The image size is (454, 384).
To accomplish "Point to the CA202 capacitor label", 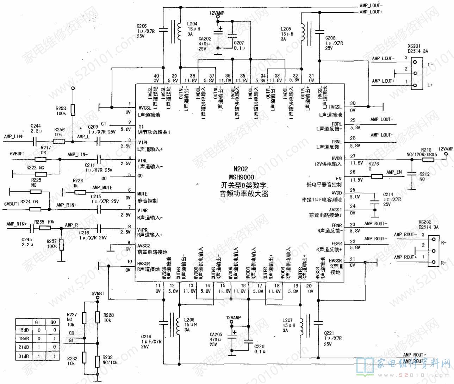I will click(x=205, y=39).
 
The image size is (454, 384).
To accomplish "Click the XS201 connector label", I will click(x=414, y=46).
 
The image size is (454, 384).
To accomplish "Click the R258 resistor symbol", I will click(x=73, y=110).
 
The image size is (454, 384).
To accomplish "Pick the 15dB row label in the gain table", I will click(x=23, y=330).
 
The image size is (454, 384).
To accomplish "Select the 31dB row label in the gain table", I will click(x=23, y=356).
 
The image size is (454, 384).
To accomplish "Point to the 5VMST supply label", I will click(x=98, y=293).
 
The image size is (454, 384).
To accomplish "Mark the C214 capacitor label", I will click(x=388, y=194).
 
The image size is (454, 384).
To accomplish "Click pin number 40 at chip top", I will click(x=156, y=76).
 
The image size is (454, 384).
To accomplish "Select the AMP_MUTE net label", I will click(x=102, y=187).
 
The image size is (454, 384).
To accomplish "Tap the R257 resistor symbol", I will click(x=62, y=244).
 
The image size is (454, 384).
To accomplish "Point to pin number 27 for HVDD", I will click(x=353, y=156).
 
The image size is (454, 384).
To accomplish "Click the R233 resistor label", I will click(x=107, y=357).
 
